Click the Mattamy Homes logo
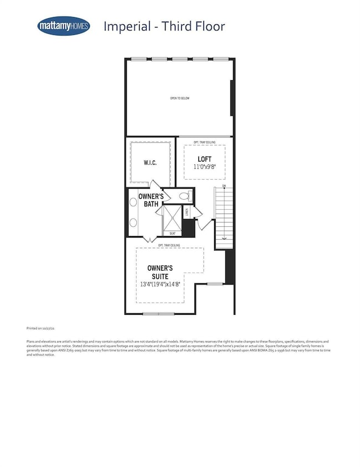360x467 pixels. click(64, 26)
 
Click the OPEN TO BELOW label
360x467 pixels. click(180, 98)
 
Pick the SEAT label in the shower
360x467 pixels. click(172, 233)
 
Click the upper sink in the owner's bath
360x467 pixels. click(133, 203)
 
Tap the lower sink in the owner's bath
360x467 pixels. click(133, 222)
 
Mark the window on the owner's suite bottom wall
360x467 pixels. click(158, 314)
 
